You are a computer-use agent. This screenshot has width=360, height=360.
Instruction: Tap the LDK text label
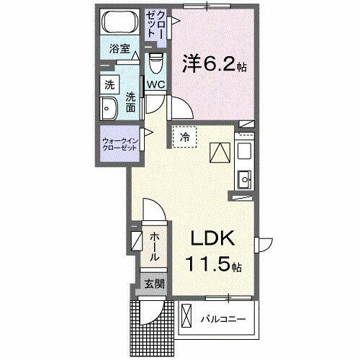(213, 240)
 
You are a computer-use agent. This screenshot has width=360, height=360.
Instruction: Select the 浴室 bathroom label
(119, 49)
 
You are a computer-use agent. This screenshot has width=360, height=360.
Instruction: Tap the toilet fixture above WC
(156, 65)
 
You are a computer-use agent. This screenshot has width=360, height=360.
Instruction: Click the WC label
(156, 85)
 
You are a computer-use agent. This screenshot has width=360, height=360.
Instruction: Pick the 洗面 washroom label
(131, 102)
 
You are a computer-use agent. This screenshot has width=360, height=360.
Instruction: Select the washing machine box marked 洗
(109, 84)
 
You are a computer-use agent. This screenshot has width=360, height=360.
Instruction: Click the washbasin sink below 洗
(109, 109)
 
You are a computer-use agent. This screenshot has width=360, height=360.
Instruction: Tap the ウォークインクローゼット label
(121, 142)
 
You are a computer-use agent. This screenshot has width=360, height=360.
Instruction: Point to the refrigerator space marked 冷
(184, 136)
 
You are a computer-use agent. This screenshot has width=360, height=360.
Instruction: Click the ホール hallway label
(154, 246)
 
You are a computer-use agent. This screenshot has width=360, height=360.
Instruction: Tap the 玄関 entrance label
(153, 284)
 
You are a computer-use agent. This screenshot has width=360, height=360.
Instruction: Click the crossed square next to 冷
(220, 153)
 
